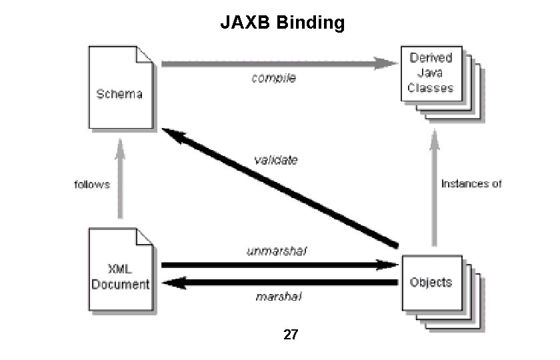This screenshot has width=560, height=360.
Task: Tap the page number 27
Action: pos(290,335)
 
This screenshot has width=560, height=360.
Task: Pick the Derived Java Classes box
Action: pos(431,74)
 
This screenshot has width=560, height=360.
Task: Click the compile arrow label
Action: pos(273,78)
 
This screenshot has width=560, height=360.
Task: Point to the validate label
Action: pos(276,160)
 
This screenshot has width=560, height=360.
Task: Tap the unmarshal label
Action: pos(277,251)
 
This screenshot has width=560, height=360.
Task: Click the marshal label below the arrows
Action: pos(279,296)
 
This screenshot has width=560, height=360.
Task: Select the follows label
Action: pos(91,185)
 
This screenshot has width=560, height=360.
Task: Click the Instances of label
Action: pos(471,184)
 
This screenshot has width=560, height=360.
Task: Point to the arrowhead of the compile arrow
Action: pos(386,64)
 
